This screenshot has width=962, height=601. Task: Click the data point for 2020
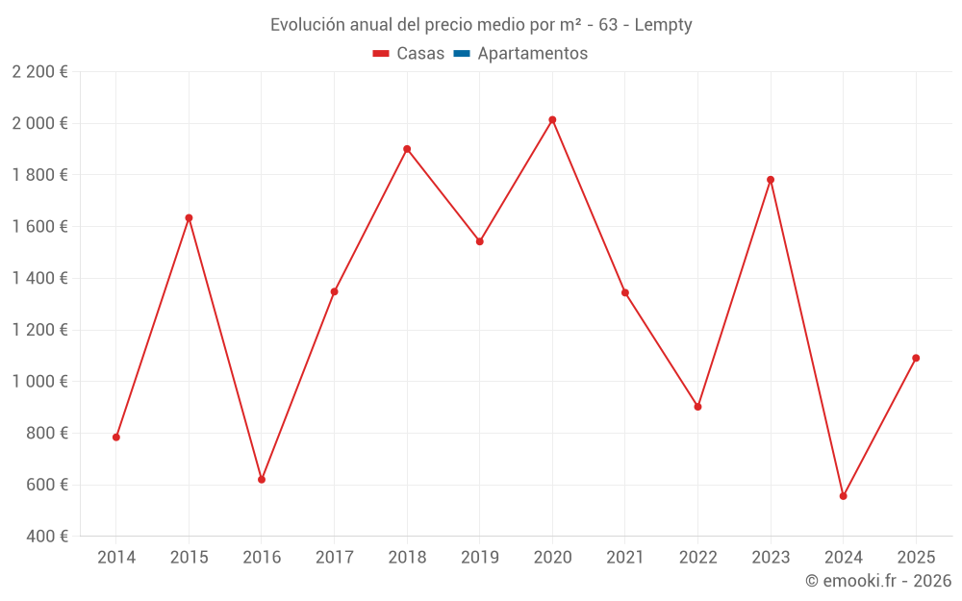click(552, 120)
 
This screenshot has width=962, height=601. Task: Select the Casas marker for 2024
click(843, 496)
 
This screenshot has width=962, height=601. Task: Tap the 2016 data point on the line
click(262, 480)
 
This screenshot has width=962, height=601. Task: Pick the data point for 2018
click(407, 149)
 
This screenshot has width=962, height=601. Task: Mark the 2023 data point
click(771, 180)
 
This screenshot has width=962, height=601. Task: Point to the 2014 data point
click(116, 438)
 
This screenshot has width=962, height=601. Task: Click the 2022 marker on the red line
click(697, 407)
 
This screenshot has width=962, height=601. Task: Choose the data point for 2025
click(916, 358)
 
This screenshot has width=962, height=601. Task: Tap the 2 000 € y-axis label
click(39, 123)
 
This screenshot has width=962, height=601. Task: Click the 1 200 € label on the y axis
click(39, 330)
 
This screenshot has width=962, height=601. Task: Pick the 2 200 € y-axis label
click(39, 71)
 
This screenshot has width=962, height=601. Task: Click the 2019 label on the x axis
click(479, 557)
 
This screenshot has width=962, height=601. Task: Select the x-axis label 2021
click(624, 557)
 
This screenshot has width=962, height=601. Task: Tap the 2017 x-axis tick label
click(334, 557)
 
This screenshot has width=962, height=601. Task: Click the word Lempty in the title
click(663, 25)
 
